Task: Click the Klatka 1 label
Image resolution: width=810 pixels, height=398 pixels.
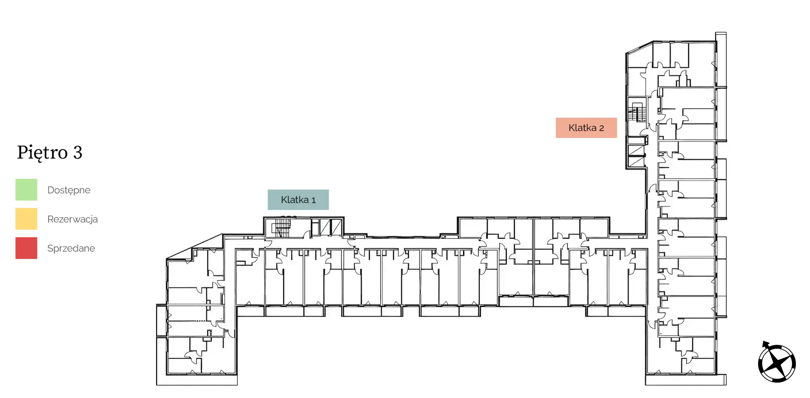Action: [x=298, y=200]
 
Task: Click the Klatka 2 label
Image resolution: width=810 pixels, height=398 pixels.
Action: [x=586, y=128]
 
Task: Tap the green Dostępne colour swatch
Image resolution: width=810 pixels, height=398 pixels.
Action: [x=26, y=190]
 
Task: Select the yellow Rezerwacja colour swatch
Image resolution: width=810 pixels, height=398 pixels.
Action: [x=26, y=219]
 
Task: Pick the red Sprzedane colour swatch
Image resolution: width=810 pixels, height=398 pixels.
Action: [x=26, y=248]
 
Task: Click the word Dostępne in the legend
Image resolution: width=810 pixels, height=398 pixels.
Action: [x=69, y=191]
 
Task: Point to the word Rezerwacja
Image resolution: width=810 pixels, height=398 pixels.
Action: [x=72, y=219]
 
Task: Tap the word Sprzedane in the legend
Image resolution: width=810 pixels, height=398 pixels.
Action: [x=71, y=248]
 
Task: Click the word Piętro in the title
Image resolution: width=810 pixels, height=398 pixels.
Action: [x=42, y=153]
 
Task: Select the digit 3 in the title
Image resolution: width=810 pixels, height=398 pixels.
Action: [x=78, y=152]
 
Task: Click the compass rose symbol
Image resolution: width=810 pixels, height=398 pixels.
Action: [x=776, y=362]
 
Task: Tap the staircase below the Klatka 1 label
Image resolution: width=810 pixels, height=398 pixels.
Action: [x=281, y=228]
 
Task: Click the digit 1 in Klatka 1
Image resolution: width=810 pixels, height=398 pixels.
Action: [x=313, y=200]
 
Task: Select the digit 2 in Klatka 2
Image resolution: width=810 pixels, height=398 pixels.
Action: [x=602, y=128]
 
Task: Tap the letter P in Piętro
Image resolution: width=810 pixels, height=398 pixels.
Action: [x=22, y=152]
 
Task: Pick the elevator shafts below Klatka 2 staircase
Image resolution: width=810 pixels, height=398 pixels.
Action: [x=636, y=157]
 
